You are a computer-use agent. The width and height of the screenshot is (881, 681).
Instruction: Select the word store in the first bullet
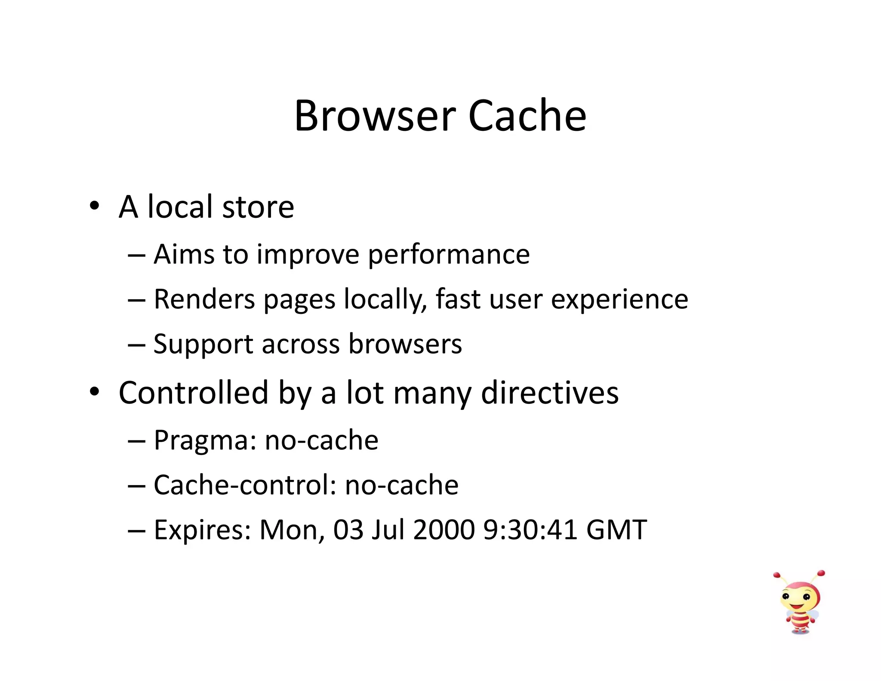(x=258, y=207)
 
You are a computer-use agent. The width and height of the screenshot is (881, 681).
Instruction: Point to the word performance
(x=449, y=255)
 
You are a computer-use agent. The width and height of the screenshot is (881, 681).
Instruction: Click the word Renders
(x=204, y=299)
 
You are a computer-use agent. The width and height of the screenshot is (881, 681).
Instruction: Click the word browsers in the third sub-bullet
(x=405, y=344)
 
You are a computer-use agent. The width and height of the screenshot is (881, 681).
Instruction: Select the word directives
(x=550, y=393)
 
